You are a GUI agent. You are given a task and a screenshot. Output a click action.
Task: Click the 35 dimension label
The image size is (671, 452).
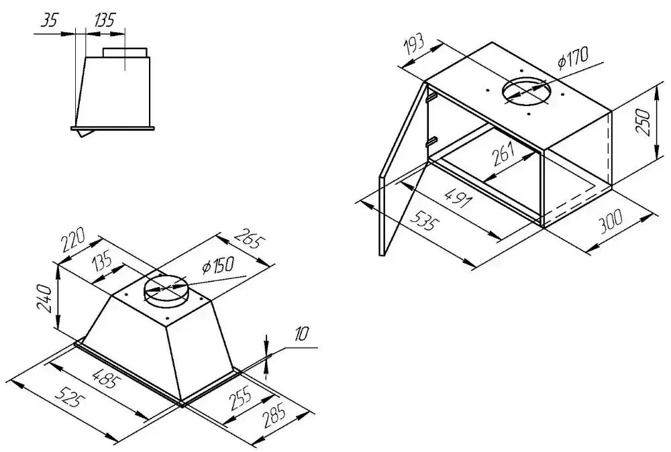(x=50, y=20)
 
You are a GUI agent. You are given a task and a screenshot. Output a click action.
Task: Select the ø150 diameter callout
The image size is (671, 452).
(x=218, y=266)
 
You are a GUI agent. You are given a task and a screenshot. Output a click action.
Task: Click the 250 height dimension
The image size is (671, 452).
(x=644, y=121)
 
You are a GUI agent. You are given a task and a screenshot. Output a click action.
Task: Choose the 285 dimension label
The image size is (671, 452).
(x=274, y=416)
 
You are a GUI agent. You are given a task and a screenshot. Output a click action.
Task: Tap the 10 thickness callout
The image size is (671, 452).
(x=302, y=334)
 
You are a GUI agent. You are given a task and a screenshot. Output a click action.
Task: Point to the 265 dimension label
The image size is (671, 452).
(x=248, y=239)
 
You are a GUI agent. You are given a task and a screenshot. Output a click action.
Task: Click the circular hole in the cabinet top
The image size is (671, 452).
(x=527, y=91)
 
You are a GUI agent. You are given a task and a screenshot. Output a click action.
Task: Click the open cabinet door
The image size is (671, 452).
(x=404, y=170)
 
